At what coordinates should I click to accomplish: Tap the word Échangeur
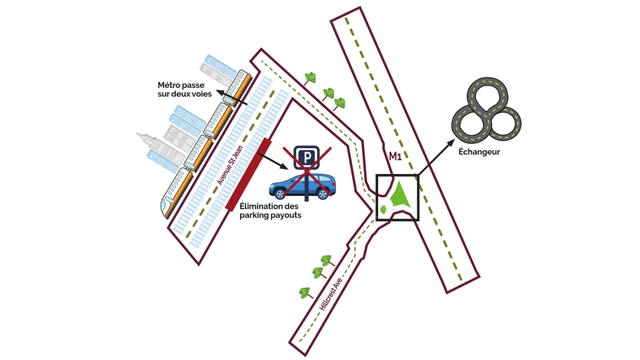(x=479, y=151)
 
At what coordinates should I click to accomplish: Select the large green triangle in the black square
(x=400, y=195)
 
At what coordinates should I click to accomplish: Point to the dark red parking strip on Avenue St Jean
(x=248, y=174)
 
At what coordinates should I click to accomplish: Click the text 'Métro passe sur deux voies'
(x=184, y=89)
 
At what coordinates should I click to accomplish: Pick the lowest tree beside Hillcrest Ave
(x=304, y=292)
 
